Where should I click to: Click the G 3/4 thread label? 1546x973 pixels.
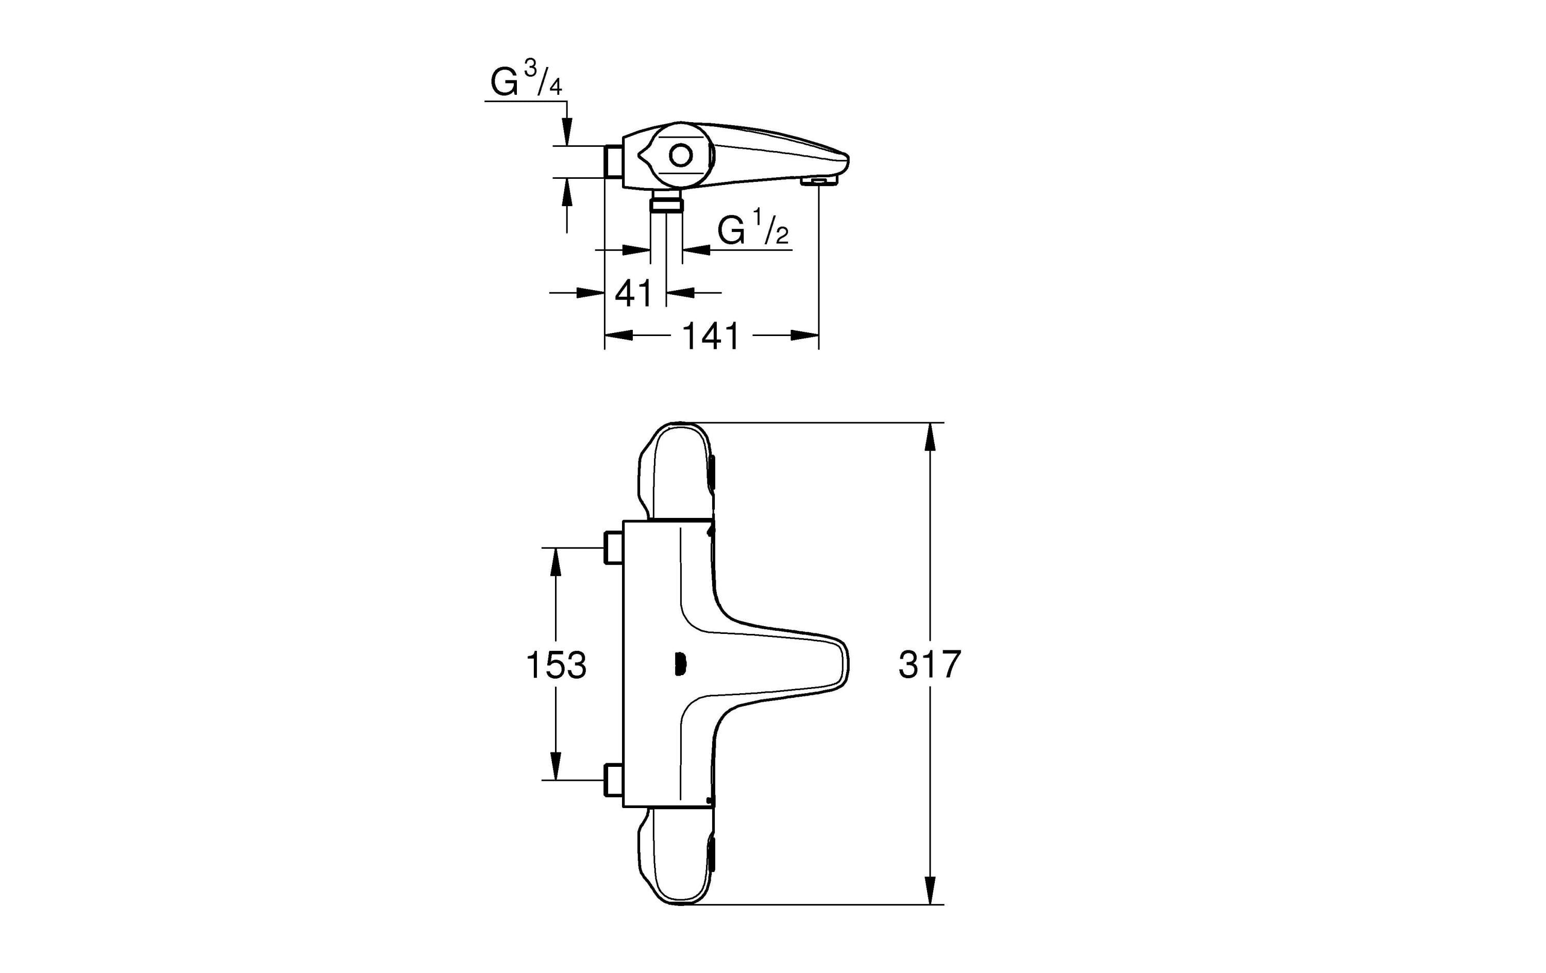pos(525,81)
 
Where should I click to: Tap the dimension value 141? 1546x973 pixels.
pos(711,336)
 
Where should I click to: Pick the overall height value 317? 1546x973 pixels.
pos(929,664)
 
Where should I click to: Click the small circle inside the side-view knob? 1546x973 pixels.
pos(681,156)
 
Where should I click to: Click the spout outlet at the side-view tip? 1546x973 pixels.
pos(819,182)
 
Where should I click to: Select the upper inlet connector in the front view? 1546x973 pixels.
pos(613,548)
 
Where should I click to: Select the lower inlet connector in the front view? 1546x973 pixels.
pos(613,780)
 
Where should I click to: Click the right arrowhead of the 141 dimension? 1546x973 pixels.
pos(804,335)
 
